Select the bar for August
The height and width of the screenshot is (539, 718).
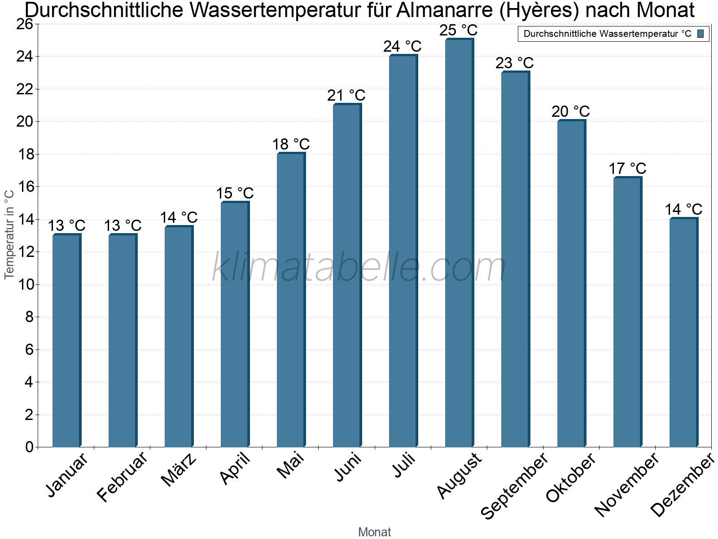pos(459,243)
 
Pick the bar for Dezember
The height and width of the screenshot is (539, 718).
pos(683,332)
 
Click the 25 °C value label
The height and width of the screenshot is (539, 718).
pos(458,31)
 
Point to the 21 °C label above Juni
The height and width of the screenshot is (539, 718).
pos(346,96)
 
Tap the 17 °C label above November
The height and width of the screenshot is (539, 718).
pos(627,169)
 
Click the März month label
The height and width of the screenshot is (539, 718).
pos(179,470)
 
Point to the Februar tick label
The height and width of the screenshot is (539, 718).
pos(122,476)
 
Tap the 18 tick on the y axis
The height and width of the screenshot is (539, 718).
pos(25,155)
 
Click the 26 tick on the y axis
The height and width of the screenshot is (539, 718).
pos(25,24)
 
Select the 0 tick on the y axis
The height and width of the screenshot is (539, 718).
pos(30,447)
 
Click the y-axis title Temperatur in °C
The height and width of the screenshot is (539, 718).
pos(9,234)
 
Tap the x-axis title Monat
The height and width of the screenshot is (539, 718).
pos(375,532)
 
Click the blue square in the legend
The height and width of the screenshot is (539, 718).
pos(700,34)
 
